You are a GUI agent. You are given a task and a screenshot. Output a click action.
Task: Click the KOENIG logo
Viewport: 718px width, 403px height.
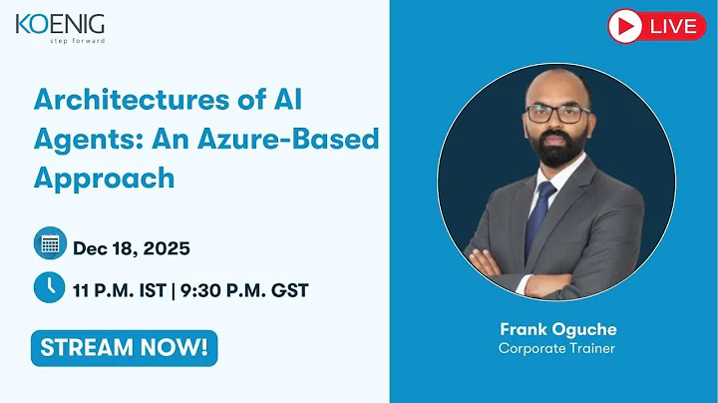point(60,24)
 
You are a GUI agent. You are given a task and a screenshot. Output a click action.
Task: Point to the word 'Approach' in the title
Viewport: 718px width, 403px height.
point(104,177)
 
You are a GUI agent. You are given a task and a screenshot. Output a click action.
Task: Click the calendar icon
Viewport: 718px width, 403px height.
point(49,242)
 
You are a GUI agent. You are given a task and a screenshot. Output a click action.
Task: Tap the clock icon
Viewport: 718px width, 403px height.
point(49,287)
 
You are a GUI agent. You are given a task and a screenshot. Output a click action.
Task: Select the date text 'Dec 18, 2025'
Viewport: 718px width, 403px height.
point(131,247)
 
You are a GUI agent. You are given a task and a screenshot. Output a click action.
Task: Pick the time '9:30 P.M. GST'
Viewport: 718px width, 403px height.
point(246,290)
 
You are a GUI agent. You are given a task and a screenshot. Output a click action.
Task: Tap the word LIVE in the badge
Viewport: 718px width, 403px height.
point(672,26)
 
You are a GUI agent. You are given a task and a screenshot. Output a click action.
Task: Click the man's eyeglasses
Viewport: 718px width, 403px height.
point(557,114)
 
